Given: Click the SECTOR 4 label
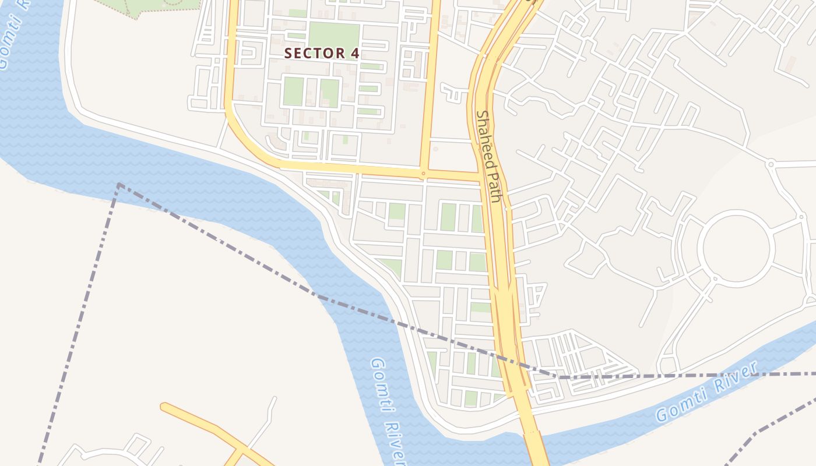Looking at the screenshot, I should (321, 53).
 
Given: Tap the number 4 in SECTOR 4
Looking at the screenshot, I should (354, 53).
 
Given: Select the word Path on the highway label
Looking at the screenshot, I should (494, 187).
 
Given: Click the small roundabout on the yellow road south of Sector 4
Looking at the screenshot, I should (423, 173).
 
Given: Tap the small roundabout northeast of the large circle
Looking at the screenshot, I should (771, 164).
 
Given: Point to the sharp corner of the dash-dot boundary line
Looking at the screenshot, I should (119, 185).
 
